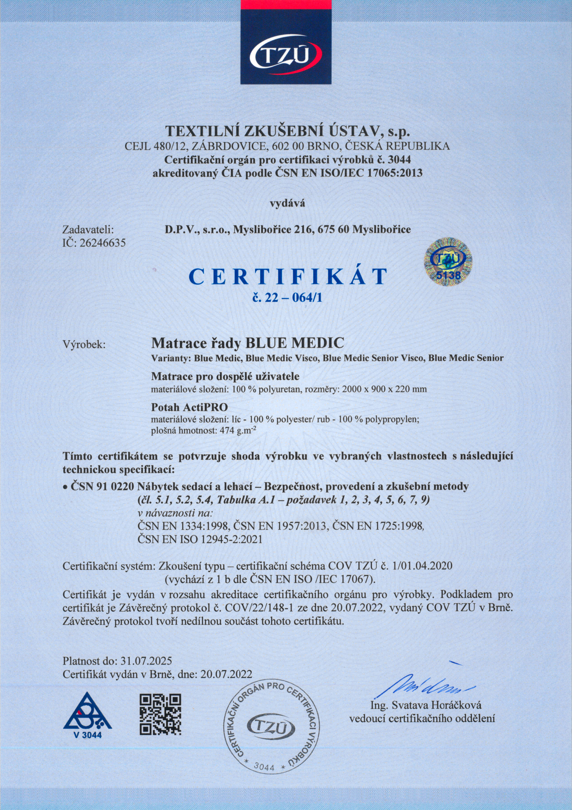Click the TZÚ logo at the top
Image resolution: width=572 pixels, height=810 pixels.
click(286, 55)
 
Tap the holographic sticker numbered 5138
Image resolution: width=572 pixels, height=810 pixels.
click(447, 262)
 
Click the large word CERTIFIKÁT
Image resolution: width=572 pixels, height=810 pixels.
click(288, 276)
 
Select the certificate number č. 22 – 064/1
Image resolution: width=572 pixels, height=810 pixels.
click(287, 297)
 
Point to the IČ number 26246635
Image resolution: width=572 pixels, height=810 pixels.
click(102, 243)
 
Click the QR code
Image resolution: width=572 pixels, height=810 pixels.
click(160, 714)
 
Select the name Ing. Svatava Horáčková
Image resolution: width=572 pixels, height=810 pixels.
click(426, 705)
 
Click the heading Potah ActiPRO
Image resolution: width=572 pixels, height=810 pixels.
click(190, 407)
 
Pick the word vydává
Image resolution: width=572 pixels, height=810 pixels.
click(287, 203)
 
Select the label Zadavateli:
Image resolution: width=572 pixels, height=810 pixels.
click(88, 230)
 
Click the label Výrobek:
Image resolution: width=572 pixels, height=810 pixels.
click(84, 345)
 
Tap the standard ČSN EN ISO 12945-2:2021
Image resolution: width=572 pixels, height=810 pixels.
click(200, 539)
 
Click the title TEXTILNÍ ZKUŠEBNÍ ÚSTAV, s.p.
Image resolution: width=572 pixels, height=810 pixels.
click(287, 131)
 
